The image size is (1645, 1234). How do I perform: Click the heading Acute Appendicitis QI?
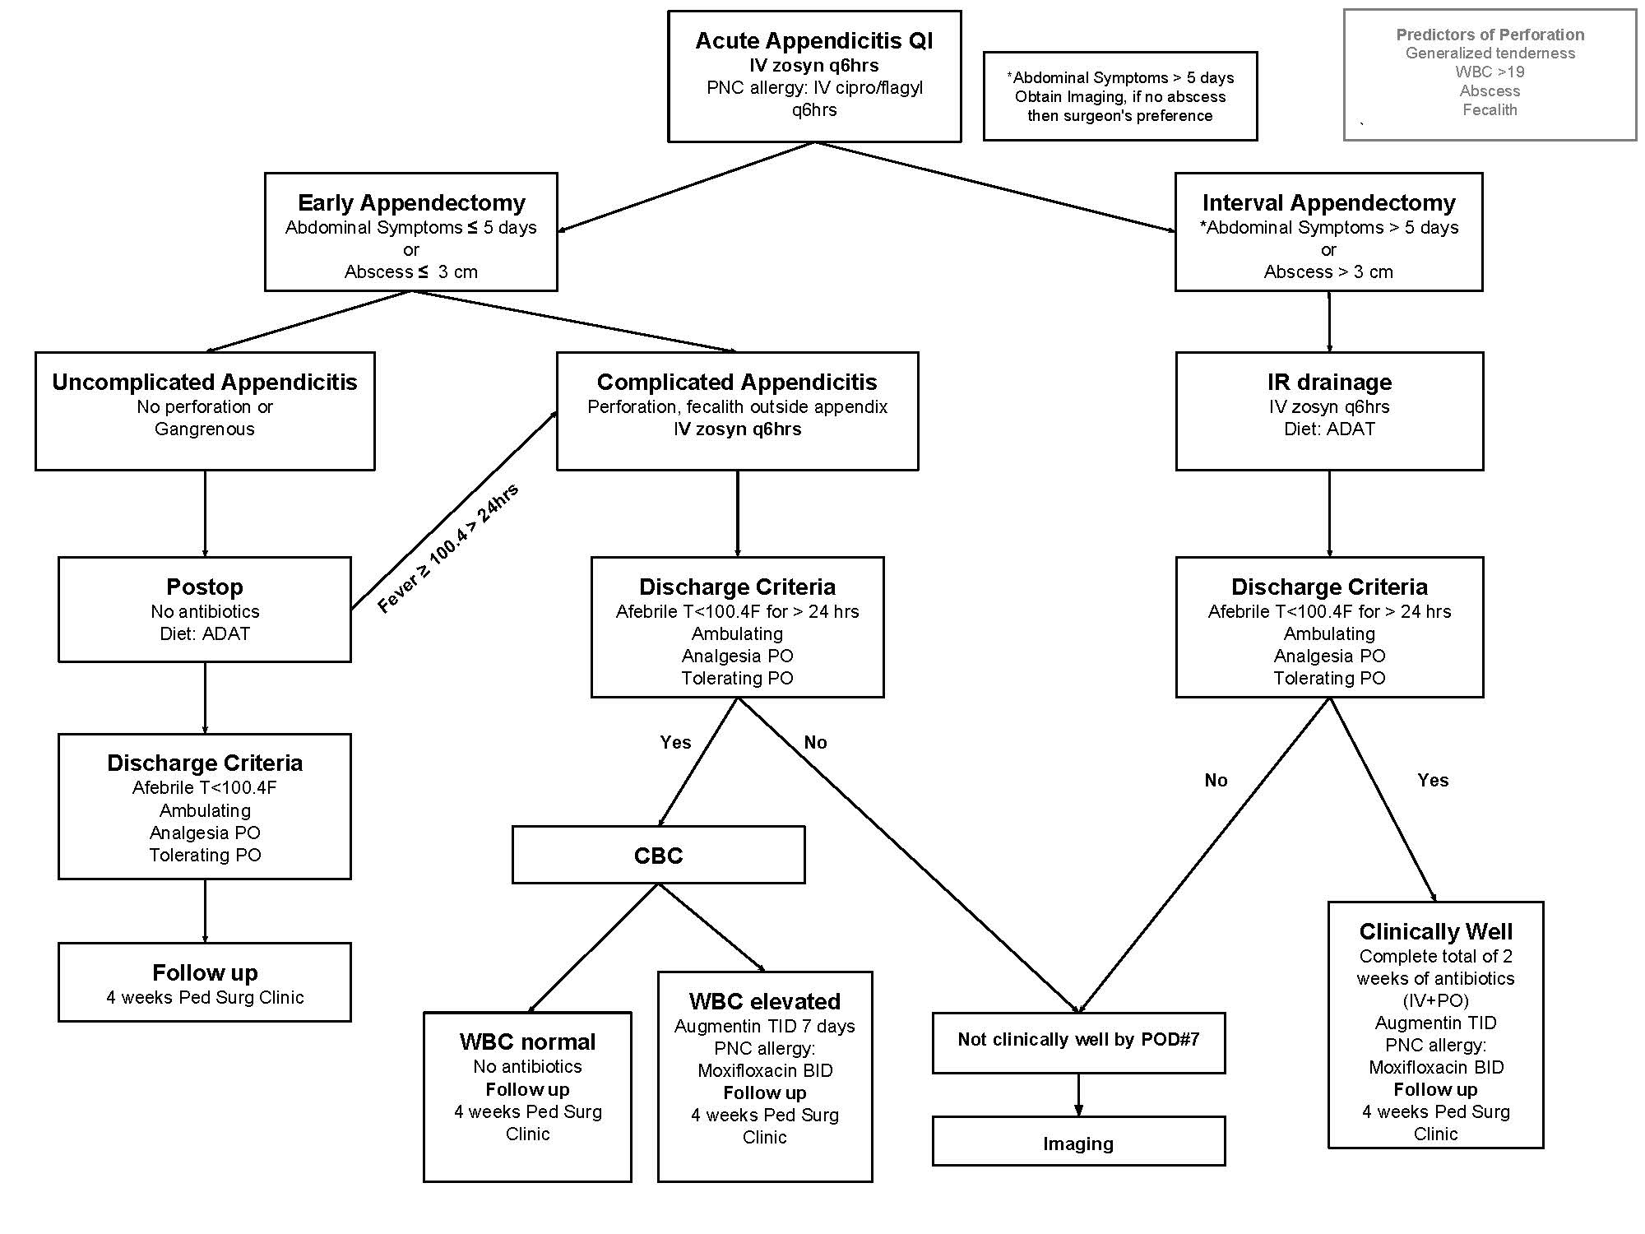[814, 40]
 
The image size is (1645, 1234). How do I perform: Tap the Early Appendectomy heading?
[411, 202]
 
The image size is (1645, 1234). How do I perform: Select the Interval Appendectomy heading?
[1329, 202]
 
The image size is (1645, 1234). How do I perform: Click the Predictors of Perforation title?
[1490, 35]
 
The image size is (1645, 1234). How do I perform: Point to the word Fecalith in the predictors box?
[1490, 110]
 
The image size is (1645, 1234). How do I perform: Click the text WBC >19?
[1490, 72]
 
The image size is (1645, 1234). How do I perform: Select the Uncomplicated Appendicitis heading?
[205, 382]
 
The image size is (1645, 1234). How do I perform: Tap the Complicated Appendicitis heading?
[737, 382]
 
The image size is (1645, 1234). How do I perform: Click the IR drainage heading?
[1329, 382]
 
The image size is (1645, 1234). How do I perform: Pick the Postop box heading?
[205, 587]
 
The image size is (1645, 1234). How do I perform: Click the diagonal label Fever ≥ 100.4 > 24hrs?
[448, 549]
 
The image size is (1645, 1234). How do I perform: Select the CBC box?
[658, 855]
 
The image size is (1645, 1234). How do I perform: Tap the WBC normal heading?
[527, 1041]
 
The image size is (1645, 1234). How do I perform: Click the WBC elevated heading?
[765, 1001]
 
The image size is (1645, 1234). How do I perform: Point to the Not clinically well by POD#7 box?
[1078, 1042]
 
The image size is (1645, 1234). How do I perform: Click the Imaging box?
[1078, 1141]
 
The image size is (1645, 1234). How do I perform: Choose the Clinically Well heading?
[1435, 931]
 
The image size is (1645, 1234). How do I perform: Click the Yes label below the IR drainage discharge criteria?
[1433, 780]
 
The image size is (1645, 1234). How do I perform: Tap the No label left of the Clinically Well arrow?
[1216, 780]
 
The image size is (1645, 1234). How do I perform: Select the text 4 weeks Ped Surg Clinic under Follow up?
[205, 997]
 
